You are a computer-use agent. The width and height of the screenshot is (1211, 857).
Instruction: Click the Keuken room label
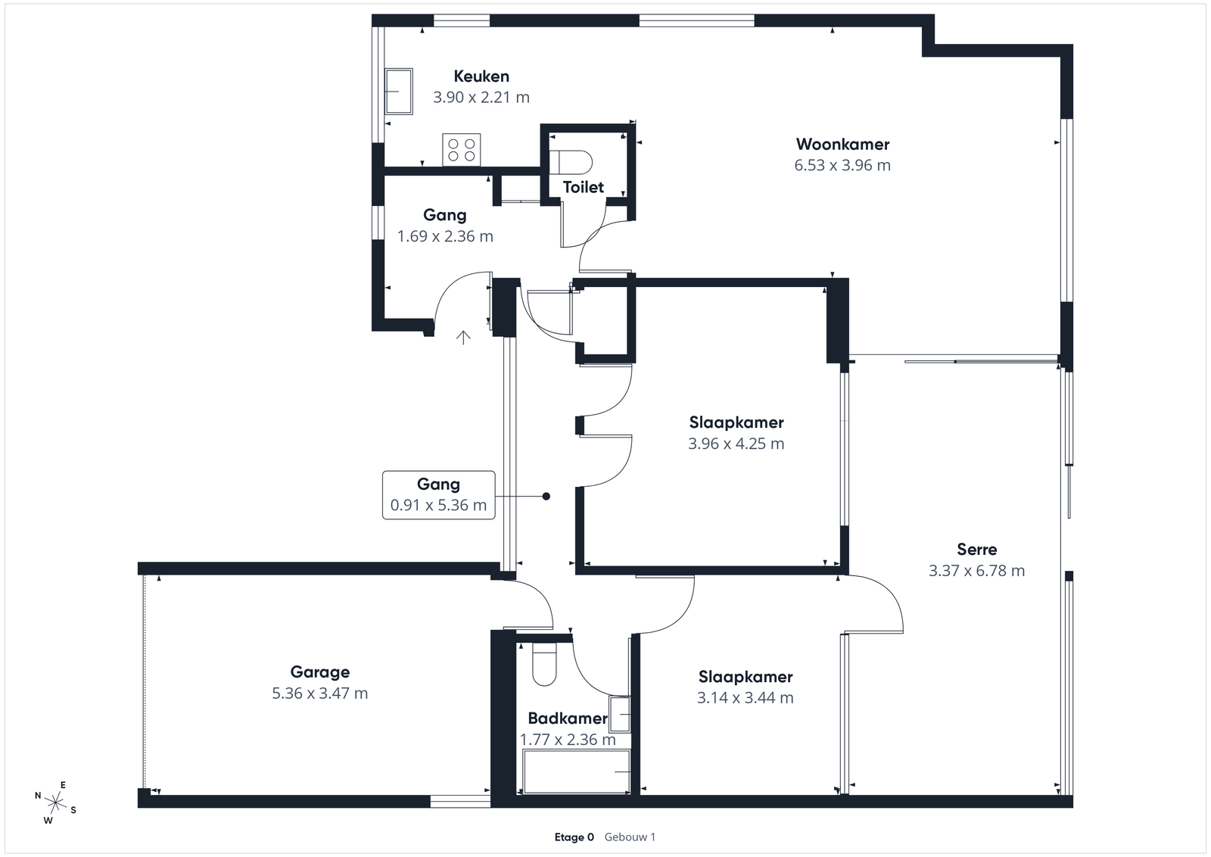481,76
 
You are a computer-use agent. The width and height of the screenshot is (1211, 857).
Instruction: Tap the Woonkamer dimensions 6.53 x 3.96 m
842,165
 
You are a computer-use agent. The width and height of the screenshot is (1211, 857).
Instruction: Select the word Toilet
584,187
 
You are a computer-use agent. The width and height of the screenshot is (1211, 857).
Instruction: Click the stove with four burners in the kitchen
461,150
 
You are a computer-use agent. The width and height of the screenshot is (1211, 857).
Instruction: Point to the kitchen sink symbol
398,92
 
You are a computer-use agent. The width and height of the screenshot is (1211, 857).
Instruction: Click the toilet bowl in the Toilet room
571,162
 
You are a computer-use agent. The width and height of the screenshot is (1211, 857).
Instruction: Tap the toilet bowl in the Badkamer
544,665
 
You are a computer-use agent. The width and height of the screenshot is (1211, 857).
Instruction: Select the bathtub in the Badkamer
577,771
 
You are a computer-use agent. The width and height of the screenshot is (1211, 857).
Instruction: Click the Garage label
320,672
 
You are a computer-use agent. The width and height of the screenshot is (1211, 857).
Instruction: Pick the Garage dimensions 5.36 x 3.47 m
320,693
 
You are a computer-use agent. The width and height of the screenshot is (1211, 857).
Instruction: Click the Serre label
977,550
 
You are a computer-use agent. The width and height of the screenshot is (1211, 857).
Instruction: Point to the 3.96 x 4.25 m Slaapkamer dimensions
736,444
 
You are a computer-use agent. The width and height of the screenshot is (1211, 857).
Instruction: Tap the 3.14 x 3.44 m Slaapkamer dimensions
746,697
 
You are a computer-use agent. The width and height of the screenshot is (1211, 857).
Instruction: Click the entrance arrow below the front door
462,338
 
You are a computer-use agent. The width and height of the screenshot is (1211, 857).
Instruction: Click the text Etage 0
574,837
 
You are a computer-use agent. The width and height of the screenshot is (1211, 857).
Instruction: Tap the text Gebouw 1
630,837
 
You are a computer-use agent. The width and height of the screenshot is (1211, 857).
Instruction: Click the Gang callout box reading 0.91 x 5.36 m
438,495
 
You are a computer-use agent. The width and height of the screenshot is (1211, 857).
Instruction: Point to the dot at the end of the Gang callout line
546,497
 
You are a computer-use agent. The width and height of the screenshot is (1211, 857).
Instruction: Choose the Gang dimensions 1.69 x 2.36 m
446,236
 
